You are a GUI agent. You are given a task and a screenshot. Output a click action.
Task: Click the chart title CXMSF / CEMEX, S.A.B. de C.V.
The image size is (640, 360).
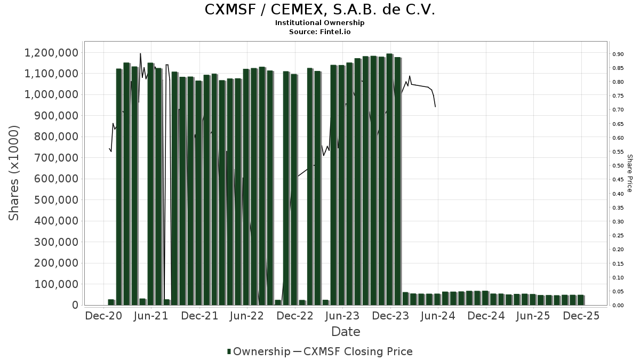319,10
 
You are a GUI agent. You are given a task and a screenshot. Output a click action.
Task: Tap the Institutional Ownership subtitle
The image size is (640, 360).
319,23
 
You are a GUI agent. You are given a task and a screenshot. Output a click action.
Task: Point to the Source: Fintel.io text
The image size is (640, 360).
319,32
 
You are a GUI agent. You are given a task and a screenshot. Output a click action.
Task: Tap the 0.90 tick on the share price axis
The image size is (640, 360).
618,54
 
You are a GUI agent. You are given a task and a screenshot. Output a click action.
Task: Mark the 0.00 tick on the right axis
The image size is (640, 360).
618,305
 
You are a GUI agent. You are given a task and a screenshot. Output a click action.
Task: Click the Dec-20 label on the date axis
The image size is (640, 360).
103,316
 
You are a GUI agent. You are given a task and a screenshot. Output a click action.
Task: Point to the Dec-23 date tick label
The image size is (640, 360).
390,316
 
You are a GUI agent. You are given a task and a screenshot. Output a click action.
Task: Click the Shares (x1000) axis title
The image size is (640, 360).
14,173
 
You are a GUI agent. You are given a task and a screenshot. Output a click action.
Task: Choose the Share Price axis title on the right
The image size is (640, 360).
629,173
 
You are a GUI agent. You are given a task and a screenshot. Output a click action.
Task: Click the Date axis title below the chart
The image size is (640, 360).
346,332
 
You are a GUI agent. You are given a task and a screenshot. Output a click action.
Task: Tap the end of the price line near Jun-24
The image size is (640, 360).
436,107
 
